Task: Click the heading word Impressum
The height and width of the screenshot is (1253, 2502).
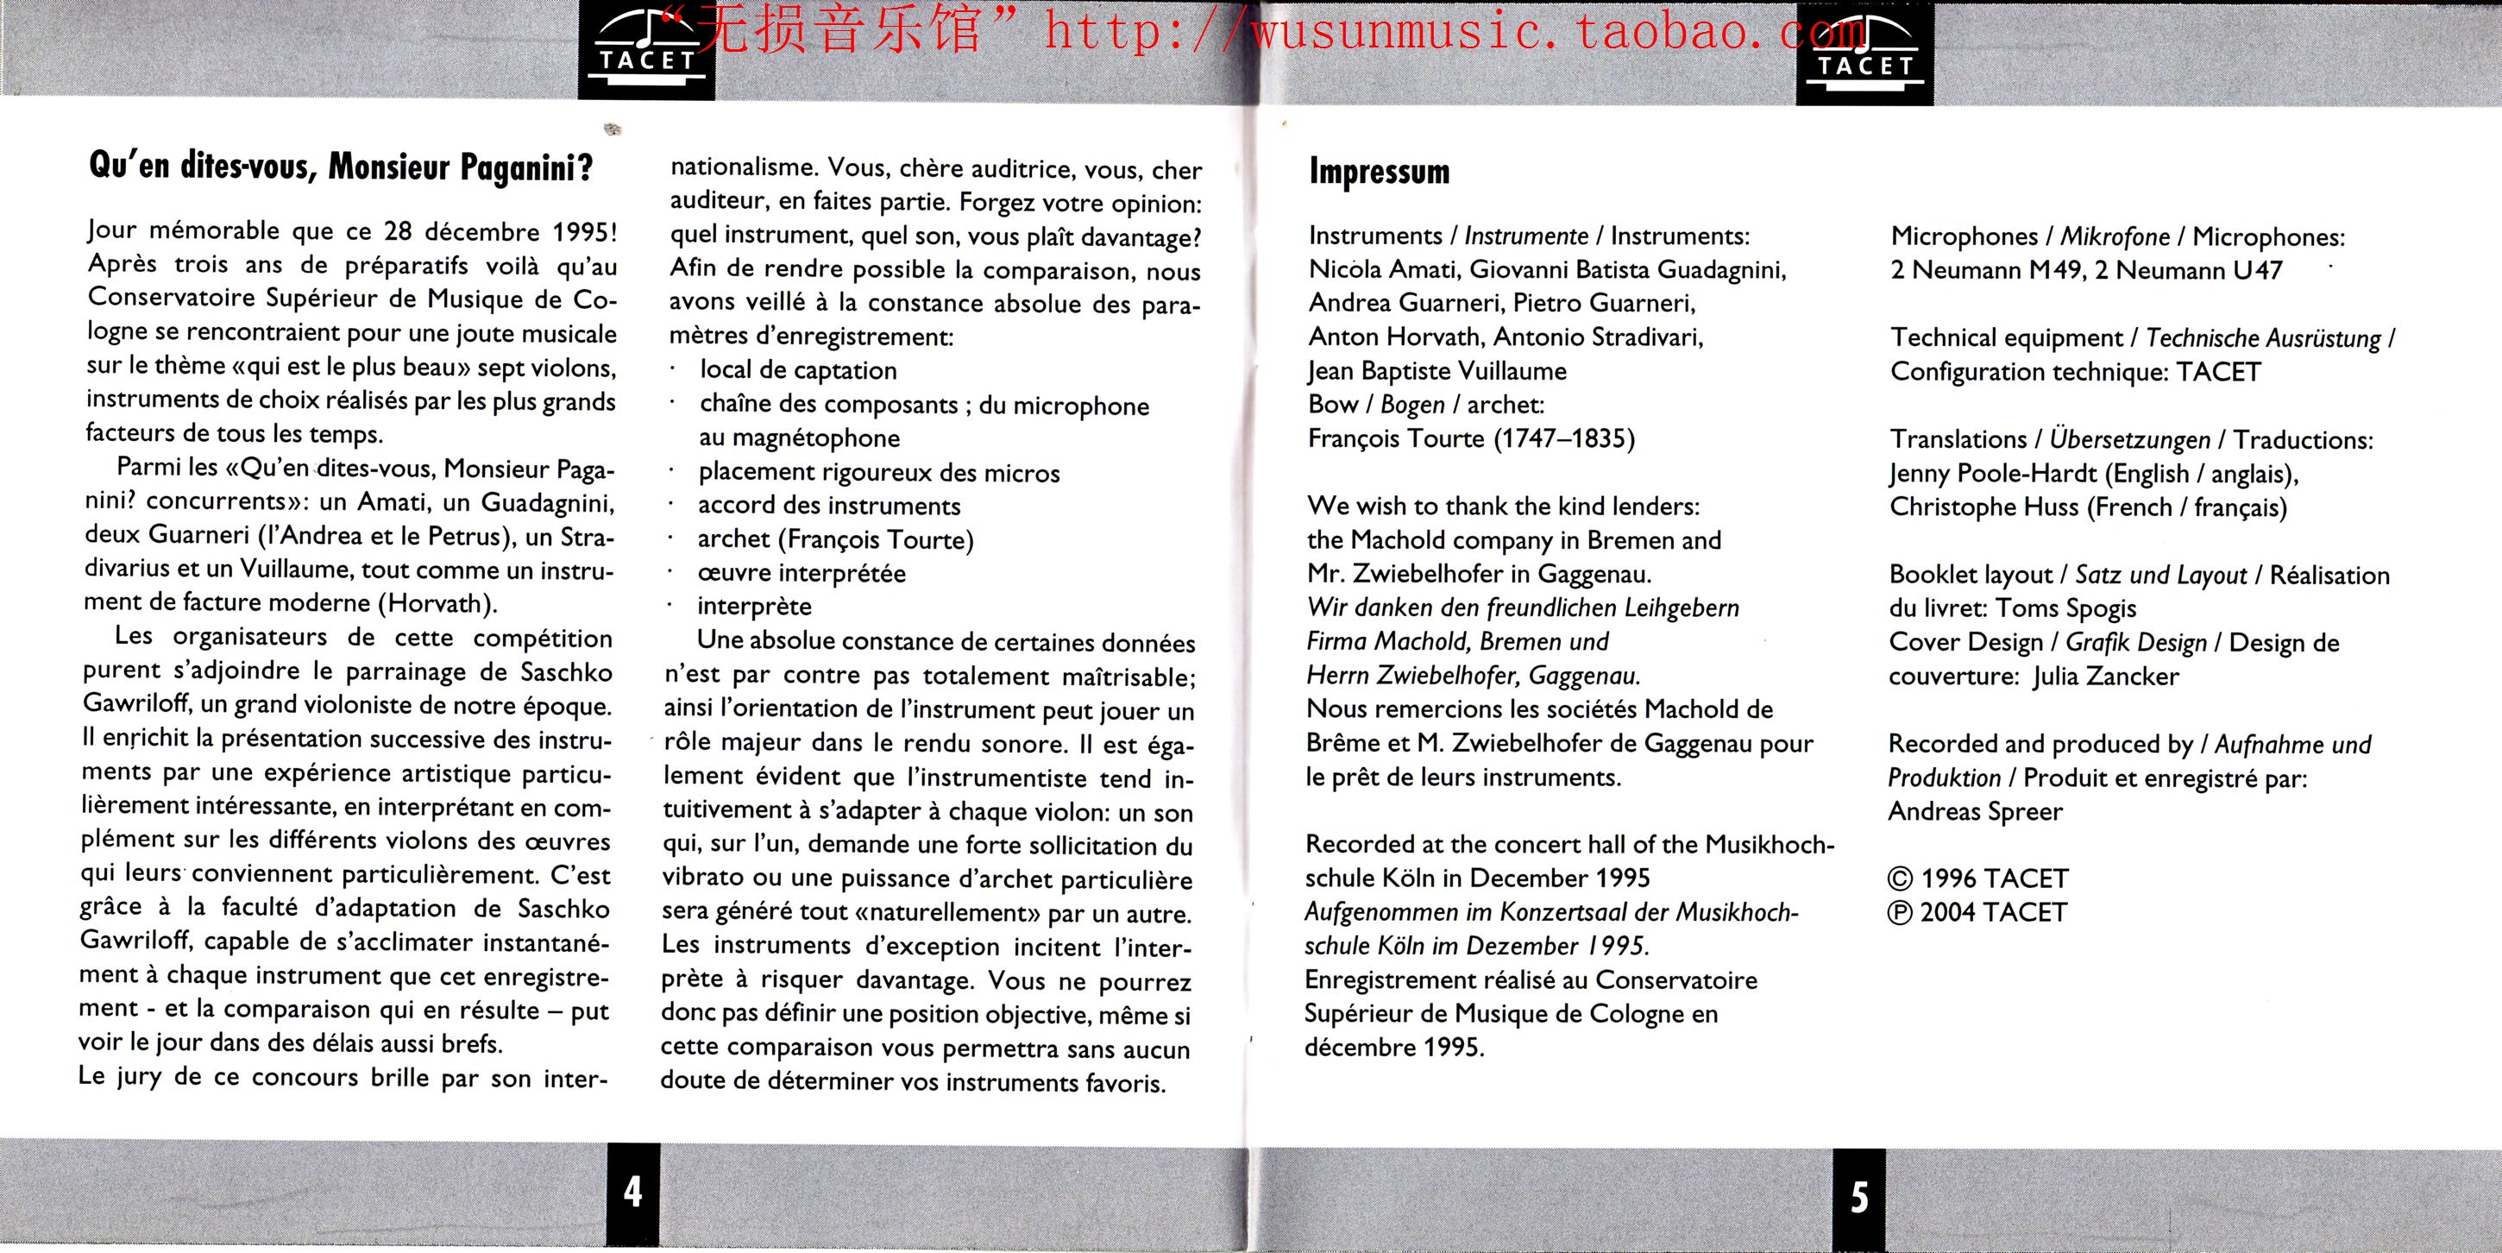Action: point(1380,172)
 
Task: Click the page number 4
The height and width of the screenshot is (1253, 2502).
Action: point(632,1191)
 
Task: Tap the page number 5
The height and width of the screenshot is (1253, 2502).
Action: point(1859,1197)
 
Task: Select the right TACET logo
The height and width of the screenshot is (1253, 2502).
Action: point(1864,54)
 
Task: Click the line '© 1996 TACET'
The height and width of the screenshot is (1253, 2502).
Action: point(1977,878)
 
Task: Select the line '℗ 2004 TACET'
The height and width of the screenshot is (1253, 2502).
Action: point(1977,912)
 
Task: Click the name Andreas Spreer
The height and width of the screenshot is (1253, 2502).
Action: point(1975,811)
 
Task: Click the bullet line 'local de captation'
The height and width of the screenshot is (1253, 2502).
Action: point(797,370)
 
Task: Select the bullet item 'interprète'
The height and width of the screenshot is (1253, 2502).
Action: point(754,606)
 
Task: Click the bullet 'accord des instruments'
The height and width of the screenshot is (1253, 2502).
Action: point(828,505)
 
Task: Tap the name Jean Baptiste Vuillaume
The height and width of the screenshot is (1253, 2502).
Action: point(1436,371)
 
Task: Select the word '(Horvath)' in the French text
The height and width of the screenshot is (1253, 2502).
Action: point(442,603)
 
